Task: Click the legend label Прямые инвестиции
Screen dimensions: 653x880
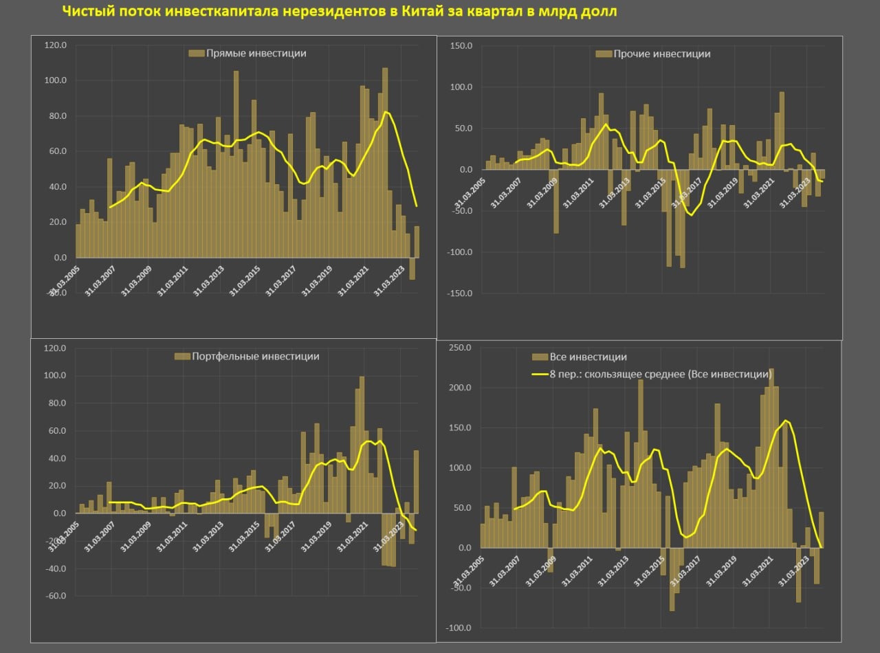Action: [256, 53]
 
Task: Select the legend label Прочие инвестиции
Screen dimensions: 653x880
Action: [661, 54]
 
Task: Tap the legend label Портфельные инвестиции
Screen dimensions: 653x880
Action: [256, 356]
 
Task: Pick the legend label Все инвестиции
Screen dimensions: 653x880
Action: [588, 357]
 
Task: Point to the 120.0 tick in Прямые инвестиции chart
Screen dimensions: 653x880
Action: [55, 45]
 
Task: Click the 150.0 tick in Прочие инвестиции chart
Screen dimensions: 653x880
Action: [461, 45]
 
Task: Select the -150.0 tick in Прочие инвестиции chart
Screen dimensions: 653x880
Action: [459, 294]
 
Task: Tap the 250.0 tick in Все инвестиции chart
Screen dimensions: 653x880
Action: [460, 348]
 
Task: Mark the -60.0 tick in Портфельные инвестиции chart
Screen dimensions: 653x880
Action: [54, 597]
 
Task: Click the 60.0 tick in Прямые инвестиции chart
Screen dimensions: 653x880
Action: [56, 151]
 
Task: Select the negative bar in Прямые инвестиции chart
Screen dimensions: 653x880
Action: [412, 269]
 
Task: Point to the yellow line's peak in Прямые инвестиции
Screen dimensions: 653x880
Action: [386, 111]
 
